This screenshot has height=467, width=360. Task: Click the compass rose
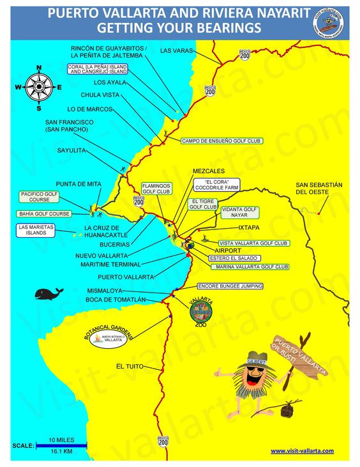pyautogui.click(x=40, y=86)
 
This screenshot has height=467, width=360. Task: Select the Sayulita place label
pyautogui.click(x=71, y=151)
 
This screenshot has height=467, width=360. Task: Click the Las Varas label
pyautogui.click(x=175, y=50)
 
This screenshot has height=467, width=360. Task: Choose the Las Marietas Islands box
pyautogui.click(x=36, y=230)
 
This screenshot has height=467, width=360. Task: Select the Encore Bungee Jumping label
pyautogui.click(x=232, y=286)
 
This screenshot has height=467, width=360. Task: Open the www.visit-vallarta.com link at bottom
pyautogui.click(x=302, y=450)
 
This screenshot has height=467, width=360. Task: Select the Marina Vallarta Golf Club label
pyautogui.click(x=253, y=266)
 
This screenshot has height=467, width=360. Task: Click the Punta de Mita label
pyautogui.click(x=79, y=183)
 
